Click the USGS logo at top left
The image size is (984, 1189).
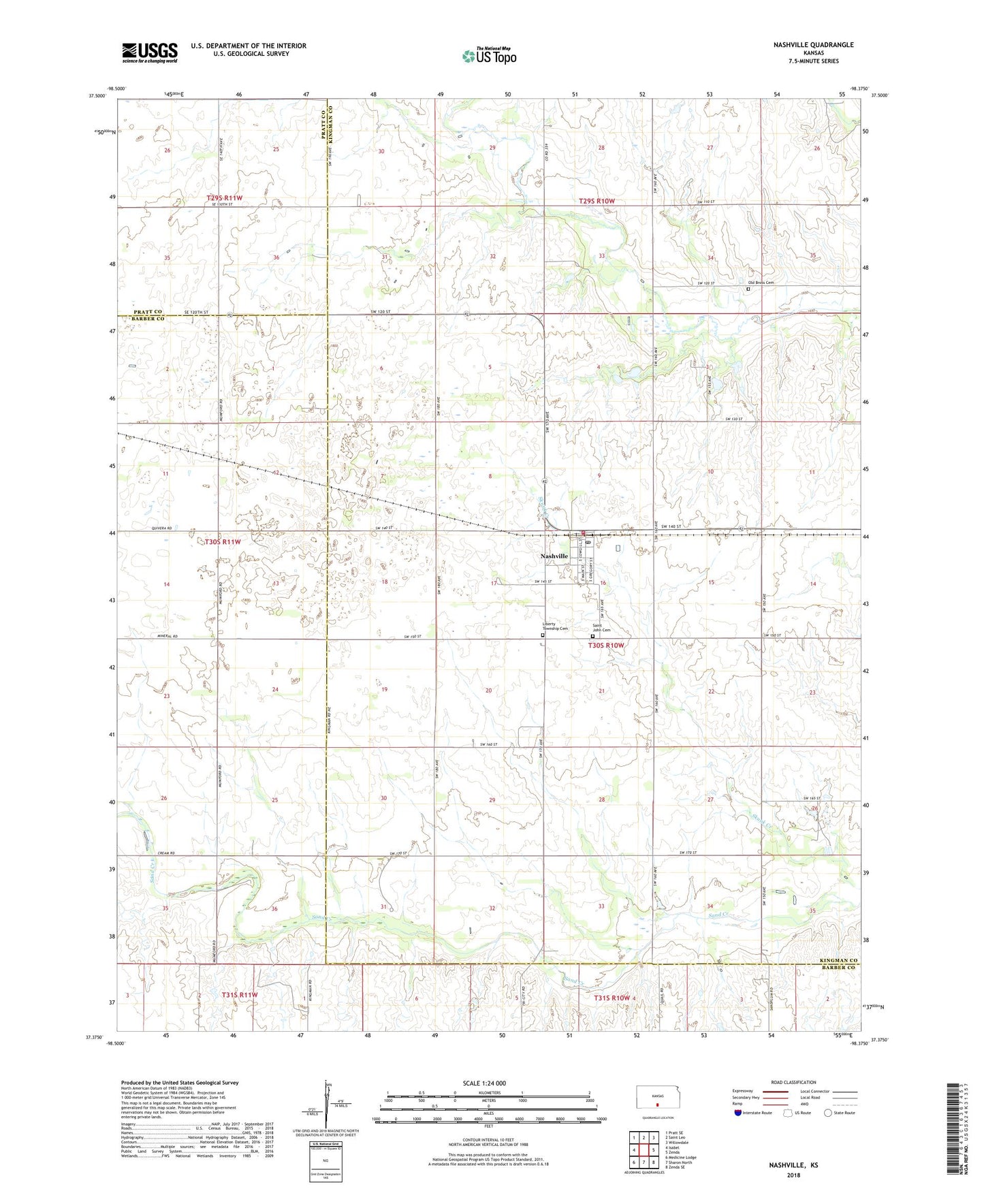[x=150, y=52]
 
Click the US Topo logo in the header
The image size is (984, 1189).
[x=489, y=56]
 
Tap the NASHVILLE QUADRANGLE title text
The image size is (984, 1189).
[x=813, y=45]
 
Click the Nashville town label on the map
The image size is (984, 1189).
[x=554, y=556]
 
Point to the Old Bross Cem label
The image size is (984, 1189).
[x=761, y=283]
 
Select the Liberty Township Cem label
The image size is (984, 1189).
[x=554, y=626]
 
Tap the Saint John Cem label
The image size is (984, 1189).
[x=601, y=628]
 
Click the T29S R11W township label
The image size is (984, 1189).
[x=224, y=198]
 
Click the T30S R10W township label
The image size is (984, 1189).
[x=605, y=645]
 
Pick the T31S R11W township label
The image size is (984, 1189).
[x=239, y=995]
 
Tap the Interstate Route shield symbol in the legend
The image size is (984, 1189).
[x=737, y=1113]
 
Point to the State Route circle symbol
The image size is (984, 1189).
[x=827, y=1113]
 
